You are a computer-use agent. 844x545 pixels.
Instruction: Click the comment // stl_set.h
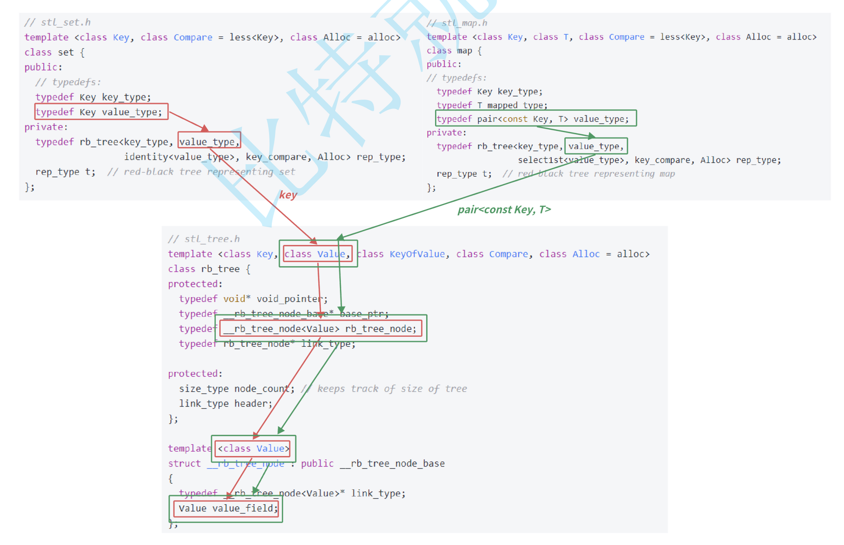pos(57,22)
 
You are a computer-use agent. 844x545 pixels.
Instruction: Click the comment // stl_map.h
pos(457,23)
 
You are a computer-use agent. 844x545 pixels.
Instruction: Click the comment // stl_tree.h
pos(204,239)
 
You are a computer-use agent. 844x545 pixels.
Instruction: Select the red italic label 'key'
pos(288,195)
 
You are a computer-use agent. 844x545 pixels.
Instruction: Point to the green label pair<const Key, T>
pos(504,209)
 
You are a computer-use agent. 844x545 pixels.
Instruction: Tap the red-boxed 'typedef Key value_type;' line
pos(101,112)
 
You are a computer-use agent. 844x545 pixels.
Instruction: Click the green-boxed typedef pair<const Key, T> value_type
pos(536,119)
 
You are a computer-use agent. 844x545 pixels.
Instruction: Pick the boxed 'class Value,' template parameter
pos(317,254)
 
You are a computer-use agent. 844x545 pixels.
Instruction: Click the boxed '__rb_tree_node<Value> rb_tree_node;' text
pos(320,329)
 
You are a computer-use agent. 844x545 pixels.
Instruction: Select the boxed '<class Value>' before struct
pos(253,448)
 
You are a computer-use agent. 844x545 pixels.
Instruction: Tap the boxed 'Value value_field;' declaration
pos(227,509)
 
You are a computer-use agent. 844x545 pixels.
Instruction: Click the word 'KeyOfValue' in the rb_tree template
pos(417,254)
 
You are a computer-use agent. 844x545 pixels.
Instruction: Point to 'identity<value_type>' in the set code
pos(179,157)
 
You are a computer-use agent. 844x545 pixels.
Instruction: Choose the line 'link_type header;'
pos(225,404)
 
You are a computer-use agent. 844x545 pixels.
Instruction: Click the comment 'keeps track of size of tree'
pos(392,389)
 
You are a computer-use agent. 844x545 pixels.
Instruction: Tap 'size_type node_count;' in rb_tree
pos(237,389)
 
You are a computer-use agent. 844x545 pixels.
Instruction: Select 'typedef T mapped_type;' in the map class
pos(492,105)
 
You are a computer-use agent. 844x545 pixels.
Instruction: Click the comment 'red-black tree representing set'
pos(209,172)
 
